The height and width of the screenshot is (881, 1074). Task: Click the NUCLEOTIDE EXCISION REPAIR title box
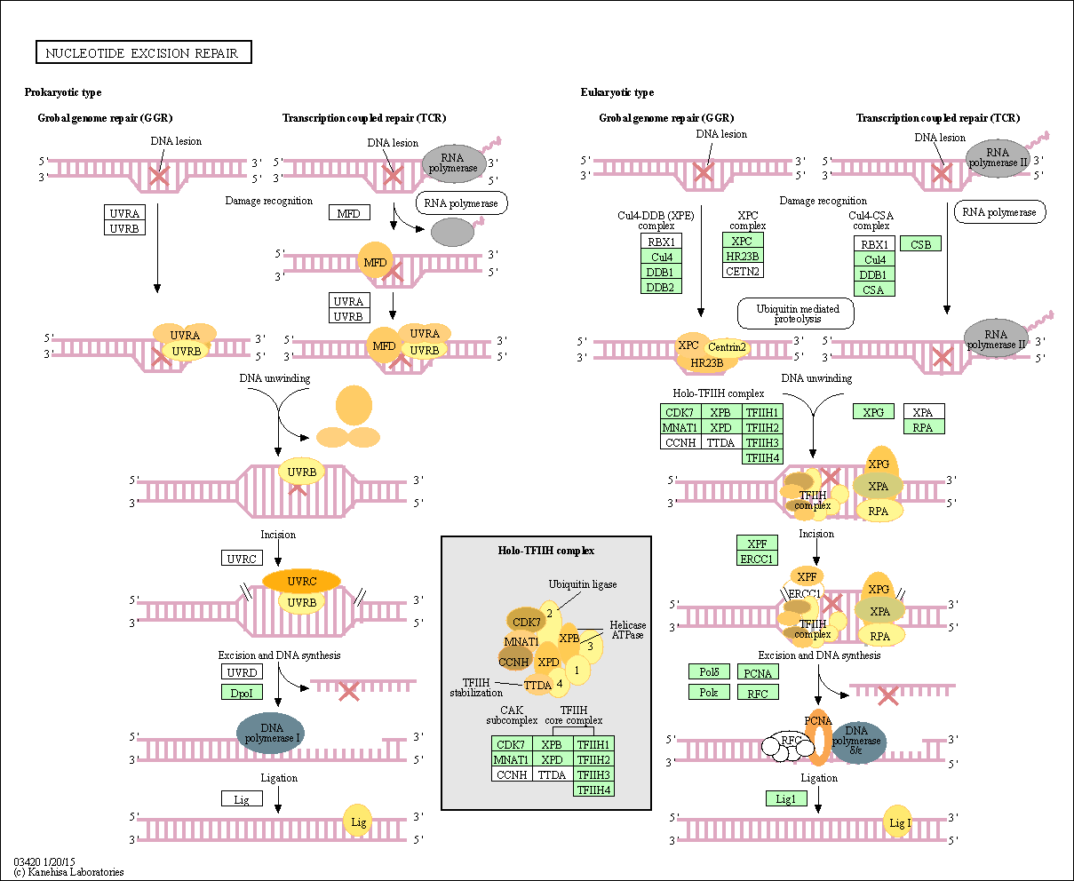tap(144, 52)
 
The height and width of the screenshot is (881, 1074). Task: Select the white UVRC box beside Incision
tap(242, 558)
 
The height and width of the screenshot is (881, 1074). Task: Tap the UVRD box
tap(242, 672)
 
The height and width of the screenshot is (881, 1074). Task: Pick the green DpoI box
tap(242, 693)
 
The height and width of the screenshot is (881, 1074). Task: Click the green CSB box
tap(920, 244)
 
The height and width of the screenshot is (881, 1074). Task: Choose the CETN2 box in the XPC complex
tap(743, 271)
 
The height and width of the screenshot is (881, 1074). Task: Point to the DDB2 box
tap(661, 287)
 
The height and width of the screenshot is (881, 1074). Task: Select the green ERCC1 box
tap(757, 559)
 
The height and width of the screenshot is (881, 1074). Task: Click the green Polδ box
tap(709, 672)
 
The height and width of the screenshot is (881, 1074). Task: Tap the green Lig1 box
tap(786, 798)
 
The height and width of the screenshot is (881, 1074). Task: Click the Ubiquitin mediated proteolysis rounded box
tap(795, 314)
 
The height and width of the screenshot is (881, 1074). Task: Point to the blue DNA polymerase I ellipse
tap(271, 734)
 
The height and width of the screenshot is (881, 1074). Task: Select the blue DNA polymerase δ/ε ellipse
tap(856, 742)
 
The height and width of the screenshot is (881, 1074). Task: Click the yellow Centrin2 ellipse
tap(727, 347)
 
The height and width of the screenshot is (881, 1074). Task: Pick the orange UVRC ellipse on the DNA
tap(301, 581)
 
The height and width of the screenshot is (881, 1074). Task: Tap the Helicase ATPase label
tap(627, 630)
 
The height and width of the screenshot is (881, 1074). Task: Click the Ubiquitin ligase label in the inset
tap(583, 584)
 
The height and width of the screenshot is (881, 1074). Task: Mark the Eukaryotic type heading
tap(617, 92)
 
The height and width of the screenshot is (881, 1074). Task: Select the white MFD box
tap(349, 213)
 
